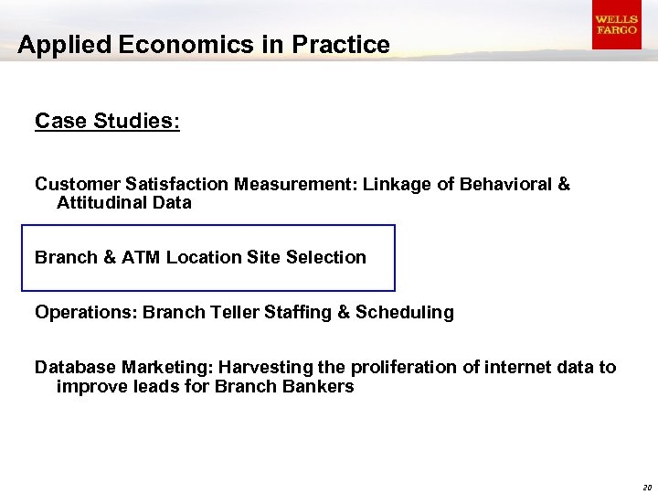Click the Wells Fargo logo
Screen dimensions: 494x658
point(616,25)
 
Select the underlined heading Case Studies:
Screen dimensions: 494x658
point(107,121)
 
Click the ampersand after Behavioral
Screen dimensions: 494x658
point(563,184)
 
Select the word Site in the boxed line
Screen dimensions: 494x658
point(263,257)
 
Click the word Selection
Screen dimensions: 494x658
point(326,257)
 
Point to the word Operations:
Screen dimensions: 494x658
point(85,312)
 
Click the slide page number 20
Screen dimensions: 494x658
point(646,487)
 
